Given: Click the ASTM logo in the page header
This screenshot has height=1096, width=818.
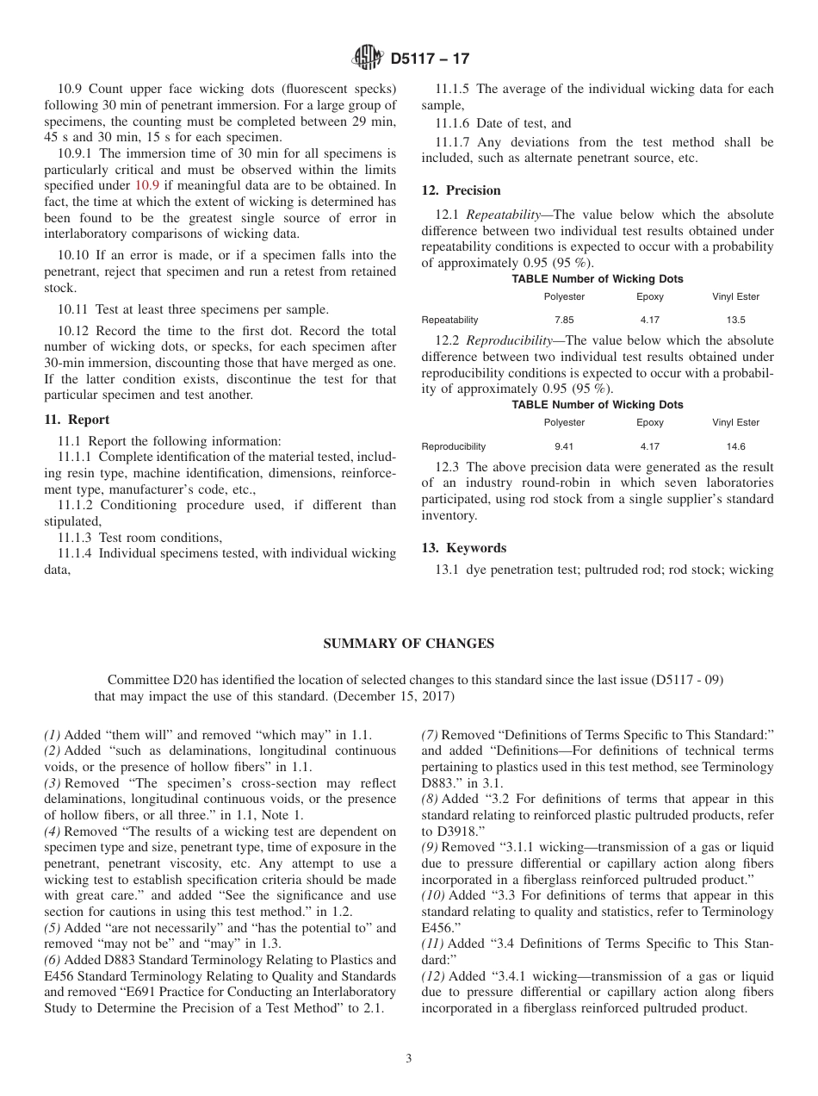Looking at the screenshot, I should pyautogui.click(x=368, y=59).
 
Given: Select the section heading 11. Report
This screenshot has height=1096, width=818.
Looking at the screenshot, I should pyautogui.click(x=77, y=420).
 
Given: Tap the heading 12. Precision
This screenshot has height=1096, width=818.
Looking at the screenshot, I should pyautogui.click(x=461, y=190).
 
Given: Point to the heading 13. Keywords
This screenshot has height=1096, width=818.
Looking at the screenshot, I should pyautogui.click(x=463, y=548).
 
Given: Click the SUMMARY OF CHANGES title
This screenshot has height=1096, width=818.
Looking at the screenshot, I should pyautogui.click(x=408, y=644).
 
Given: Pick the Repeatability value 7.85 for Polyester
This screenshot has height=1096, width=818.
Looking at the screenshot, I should pyautogui.click(x=564, y=320).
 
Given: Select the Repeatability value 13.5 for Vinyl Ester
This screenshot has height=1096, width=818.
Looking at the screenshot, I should pyautogui.click(x=735, y=320).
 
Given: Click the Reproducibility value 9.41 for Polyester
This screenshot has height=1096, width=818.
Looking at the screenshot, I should pyautogui.click(x=564, y=446).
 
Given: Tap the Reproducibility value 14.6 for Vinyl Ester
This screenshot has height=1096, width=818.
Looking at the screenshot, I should pyautogui.click(x=735, y=446).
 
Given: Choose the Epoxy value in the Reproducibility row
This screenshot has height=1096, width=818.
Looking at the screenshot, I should pyautogui.click(x=650, y=446).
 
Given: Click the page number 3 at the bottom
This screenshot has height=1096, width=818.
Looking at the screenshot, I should pyautogui.click(x=409, y=1058).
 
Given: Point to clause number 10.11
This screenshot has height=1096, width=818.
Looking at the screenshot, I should pyautogui.click(x=73, y=310).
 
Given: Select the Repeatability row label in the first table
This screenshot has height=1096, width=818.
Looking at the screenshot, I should pyautogui.click(x=449, y=320).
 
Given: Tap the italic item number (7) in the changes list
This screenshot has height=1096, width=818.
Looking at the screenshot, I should pyautogui.click(x=431, y=735).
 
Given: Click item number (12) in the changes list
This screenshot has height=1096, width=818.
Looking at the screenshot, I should pyautogui.click(x=434, y=976).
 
